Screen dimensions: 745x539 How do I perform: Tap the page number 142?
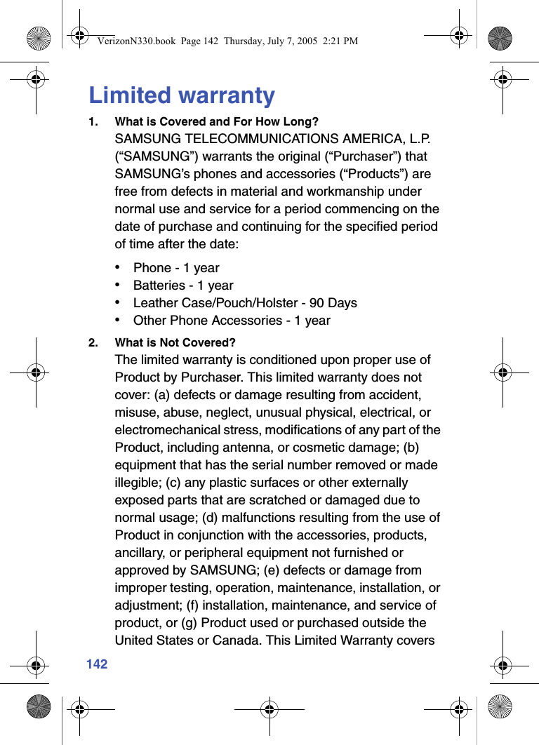click(97, 664)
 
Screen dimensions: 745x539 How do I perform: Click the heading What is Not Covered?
click(175, 343)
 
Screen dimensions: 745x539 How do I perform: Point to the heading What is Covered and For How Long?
click(216, 122)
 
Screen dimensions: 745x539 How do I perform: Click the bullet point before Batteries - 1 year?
click(121, 285)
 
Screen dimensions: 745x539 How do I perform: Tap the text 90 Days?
click(333, 303)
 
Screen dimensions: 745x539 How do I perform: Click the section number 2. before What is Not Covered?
click(93, 343)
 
